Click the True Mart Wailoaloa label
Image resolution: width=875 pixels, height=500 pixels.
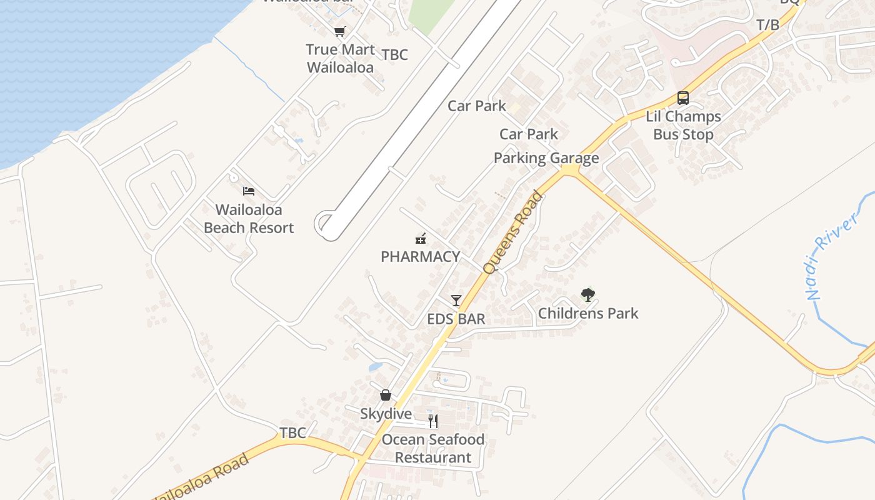click(341, 58)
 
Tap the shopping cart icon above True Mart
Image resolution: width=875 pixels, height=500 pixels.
click(339, 32)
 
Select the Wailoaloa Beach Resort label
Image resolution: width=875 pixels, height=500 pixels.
click(249, 219)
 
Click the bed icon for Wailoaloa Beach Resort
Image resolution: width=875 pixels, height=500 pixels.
click(249, 191)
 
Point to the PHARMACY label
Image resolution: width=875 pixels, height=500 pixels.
click(420, 256)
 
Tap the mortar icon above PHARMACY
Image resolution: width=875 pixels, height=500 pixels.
click(421, 237)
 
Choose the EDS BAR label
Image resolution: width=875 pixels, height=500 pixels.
click(456, 319)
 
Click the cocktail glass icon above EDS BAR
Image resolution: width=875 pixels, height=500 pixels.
click(456, 301)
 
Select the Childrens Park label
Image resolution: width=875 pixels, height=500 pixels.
click(588, 313)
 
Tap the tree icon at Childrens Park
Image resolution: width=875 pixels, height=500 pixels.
click(587, 294)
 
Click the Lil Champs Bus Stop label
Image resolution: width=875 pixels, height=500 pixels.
click(683, 125)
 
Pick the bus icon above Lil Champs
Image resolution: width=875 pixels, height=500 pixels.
click(683, 98)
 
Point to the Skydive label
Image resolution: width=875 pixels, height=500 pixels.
click(386, 414)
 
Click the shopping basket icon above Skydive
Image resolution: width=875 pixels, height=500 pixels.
click(386, 395)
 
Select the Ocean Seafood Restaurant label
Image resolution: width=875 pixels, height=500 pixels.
click(433, 448)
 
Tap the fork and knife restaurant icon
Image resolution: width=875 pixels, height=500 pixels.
click(433, 421)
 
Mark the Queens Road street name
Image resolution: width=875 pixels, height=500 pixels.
click(513, 232)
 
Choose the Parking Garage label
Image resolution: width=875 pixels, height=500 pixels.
click(546, 158)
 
